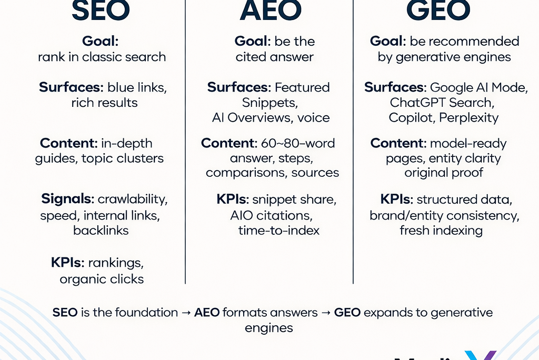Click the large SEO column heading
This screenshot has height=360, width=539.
101,11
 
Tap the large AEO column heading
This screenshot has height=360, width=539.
271,11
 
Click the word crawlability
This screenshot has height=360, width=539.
133,199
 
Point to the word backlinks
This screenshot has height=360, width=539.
101,230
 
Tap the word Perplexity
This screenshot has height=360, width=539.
469,117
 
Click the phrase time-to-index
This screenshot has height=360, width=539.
278,230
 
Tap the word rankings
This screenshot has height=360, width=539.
116,262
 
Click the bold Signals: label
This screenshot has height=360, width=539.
68,199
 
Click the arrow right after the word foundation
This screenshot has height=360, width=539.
186,312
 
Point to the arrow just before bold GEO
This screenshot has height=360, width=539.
326,312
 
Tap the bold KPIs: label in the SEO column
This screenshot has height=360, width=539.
67,262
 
